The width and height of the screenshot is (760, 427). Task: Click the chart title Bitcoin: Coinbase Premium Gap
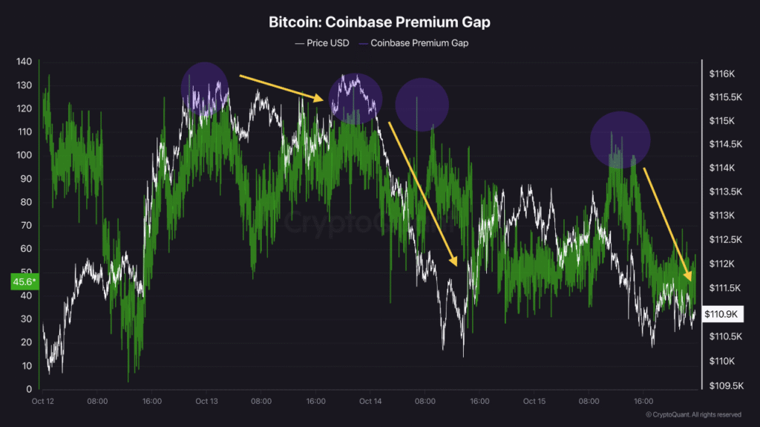[379, 22]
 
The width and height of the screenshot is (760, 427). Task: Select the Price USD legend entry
[321, 43]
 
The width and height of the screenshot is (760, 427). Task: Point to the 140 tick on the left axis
[24, 62]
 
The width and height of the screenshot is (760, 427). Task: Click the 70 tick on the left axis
[27, 225]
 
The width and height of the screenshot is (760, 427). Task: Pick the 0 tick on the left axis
[30, 389]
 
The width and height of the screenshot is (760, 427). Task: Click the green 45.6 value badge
[24, 282]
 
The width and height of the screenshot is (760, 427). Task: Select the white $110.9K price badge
[721, 314]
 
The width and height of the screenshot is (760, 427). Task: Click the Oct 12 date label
[42, 402]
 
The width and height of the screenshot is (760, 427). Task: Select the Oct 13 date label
[206, 402]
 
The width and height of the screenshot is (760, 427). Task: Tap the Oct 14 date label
[370, 402]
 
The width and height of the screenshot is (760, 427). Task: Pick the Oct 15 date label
[534, 402]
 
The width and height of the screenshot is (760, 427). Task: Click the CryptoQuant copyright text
[692, 414]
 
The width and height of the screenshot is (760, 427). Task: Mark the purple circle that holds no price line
[422, 104]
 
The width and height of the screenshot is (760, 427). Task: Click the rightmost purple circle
[620, 140]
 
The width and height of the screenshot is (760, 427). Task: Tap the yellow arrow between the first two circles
[281, 86]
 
